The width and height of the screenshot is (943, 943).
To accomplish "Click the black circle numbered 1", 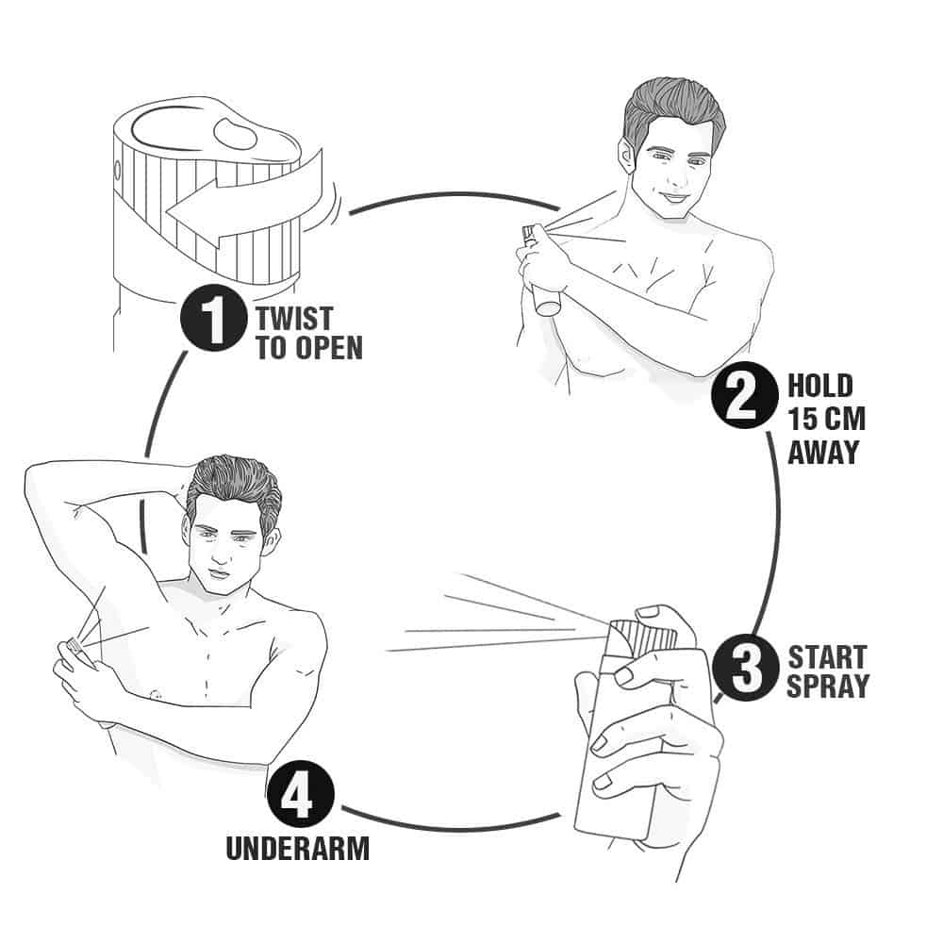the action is coord(213,318).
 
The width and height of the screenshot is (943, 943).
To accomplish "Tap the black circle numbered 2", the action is coord(745,395).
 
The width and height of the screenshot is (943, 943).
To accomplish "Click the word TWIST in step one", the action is coord(294,318).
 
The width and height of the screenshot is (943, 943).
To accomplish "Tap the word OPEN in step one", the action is coord(330,348).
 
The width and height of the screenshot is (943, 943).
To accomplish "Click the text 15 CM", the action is coord(826,419).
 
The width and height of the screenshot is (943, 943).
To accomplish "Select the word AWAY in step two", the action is coord(822,453).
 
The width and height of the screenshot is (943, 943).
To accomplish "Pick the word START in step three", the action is coord(827,656).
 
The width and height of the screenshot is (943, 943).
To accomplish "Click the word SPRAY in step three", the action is coord(828,687).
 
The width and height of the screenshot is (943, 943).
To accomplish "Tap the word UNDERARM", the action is coord(298,849).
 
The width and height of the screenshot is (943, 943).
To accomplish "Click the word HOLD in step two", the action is coord(820,386).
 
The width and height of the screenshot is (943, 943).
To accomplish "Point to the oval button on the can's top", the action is coord(235,134).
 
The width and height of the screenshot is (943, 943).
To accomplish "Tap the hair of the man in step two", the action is coord(673,111).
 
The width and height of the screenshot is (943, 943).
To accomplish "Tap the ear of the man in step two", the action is coord(626,153).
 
